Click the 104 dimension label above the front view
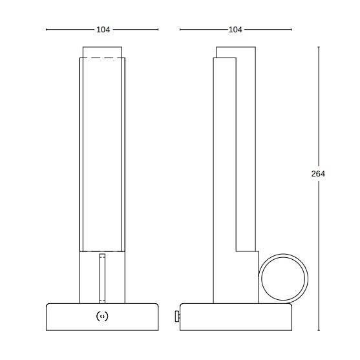tap(102, 30)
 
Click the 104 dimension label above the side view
tap(235, 30)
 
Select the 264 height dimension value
tap(318, 174)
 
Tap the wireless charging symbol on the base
tap(102, 316)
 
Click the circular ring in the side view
tap(284, 278)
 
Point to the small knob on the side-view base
tap(177, 316)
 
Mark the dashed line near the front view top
tap(102, 59)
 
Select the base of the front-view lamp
tap(102, 317)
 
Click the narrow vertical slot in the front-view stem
tap(102, 278)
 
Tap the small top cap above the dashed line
tap(102, 52)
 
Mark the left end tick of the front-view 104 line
tap(47, 30)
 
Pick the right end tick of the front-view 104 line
tap(158, 30)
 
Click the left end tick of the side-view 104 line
tap(180, 30)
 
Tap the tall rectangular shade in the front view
tap(102, 155)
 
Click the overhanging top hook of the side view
tap(237, 52)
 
